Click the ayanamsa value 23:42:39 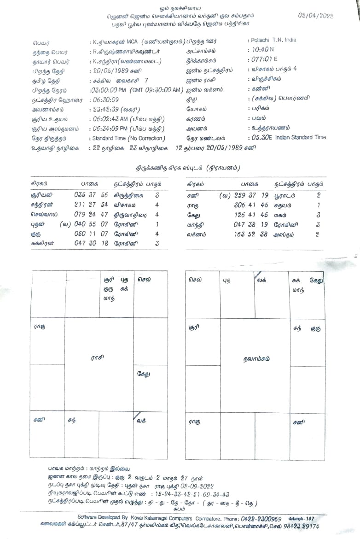(105, 110)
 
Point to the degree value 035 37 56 (91, 195)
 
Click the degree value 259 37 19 (251, 195)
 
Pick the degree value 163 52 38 (251, 234)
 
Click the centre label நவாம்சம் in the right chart (256, 358)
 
